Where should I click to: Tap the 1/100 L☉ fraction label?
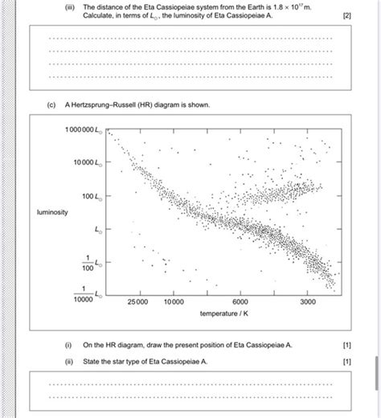coord(88,263)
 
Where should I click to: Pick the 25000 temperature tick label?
coord(137,302)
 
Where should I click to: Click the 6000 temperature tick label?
coord(241,302)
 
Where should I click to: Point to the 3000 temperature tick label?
coord(309,302)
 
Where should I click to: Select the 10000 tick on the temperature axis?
coord(173,302)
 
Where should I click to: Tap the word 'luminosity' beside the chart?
coord(53,212)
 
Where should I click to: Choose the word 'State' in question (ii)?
coord(92,361)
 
